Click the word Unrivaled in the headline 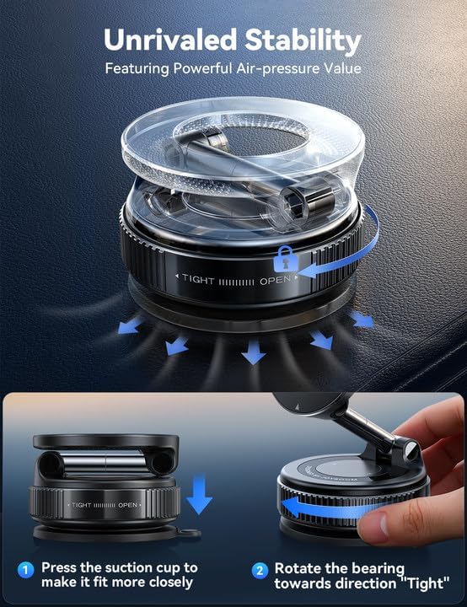[168, 40]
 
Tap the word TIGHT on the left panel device [82, 505]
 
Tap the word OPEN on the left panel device [128, 505]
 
